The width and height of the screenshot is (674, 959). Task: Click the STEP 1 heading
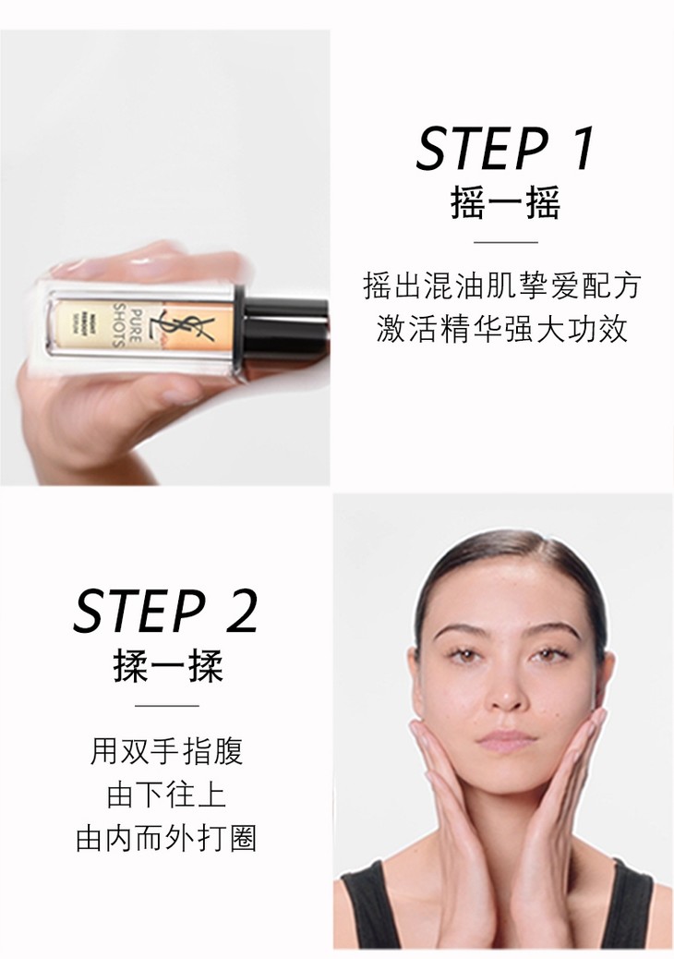pyautogui.click(x=505, y=148)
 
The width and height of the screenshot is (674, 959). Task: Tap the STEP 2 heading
pyautogui.click(x=165, y=611)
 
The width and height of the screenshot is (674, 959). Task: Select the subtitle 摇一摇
pyautogui.click(x=505, y=203)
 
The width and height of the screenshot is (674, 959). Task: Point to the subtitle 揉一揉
pyautogui.click(x=167, y=665)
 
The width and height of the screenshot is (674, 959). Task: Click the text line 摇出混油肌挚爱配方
pyautogui.click(x=501, y=285)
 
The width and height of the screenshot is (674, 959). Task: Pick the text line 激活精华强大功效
pyautogui.click(x=501, y=329)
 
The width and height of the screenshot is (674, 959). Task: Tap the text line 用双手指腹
pyautogui.click(x=167, y=751)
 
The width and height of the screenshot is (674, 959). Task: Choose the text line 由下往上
pyautogui.click(x=167, y=795)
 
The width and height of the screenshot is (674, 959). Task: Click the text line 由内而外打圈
pyautogui.click(x=167, y=838)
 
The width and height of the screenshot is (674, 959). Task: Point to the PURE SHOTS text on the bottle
pyautogui.click(x=127, y=325)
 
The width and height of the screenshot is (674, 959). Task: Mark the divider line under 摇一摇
pyautogui.click(x=505, y=242)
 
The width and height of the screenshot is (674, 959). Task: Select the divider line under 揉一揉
pyautogui.click(x=167, y=705)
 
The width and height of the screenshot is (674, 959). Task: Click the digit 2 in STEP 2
pyautogui.click(x=242, y=611)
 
